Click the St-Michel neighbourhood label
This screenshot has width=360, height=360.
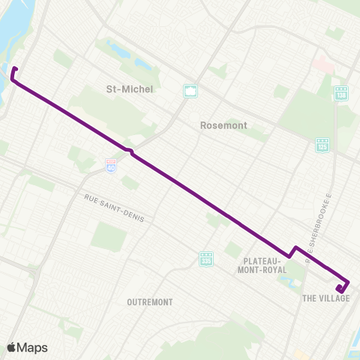(130, 89)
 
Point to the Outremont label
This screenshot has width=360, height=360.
(150, 302)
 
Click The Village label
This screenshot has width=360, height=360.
(326, 298)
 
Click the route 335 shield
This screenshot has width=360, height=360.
(206, 259)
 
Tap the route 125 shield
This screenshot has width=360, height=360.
(322, 143)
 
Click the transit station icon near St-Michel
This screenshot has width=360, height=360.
(191, 91)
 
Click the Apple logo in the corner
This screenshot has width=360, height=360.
(12, 347)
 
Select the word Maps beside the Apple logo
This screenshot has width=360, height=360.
(33, 347)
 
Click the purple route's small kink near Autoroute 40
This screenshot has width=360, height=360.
(130, 152)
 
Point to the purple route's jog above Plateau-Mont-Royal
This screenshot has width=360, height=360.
(293, 251)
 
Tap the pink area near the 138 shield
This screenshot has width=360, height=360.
(324, 65)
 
